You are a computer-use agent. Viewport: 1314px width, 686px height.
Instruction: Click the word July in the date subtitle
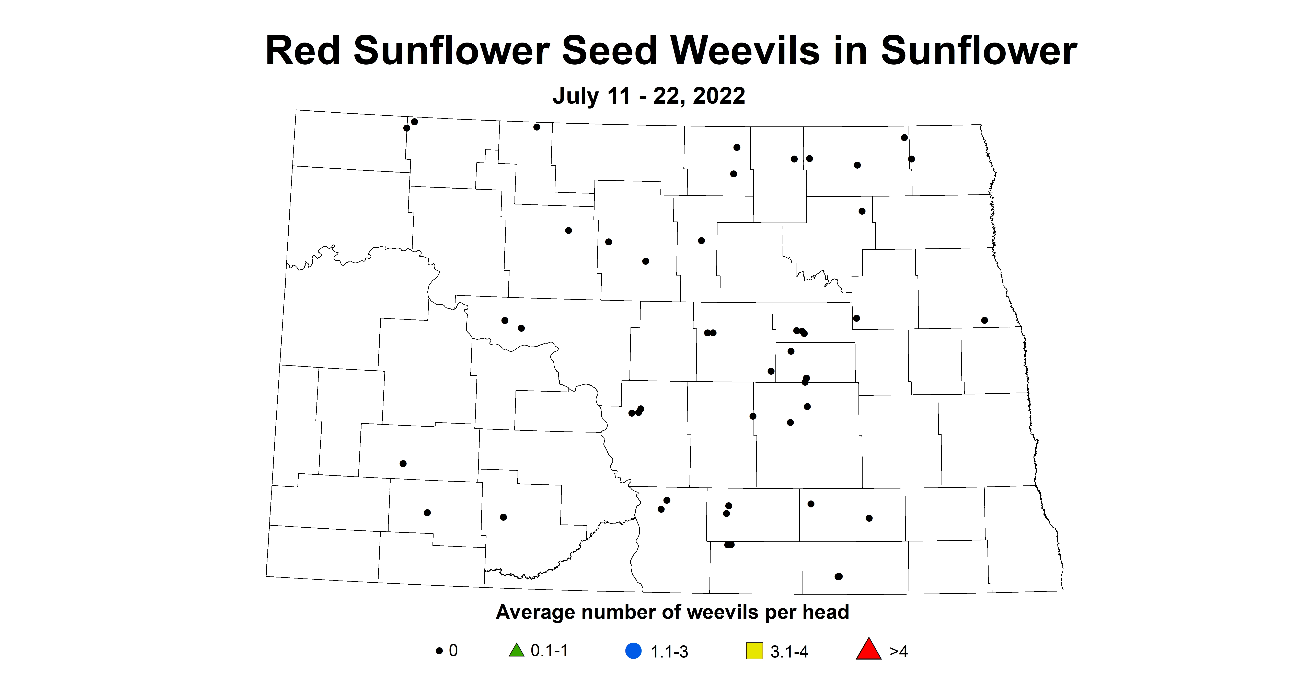coord(576,96)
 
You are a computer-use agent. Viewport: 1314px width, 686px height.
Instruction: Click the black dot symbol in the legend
coord(439,651)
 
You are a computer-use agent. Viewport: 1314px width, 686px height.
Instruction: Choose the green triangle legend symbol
coord(517,651)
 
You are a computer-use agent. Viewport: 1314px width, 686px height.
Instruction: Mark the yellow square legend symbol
coord(754,651)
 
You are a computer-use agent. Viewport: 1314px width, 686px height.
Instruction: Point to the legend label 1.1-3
coord(669,652)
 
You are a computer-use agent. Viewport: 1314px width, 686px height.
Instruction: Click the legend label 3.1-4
coord(789,652)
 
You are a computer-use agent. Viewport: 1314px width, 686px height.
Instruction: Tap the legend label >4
coord(899,652)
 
